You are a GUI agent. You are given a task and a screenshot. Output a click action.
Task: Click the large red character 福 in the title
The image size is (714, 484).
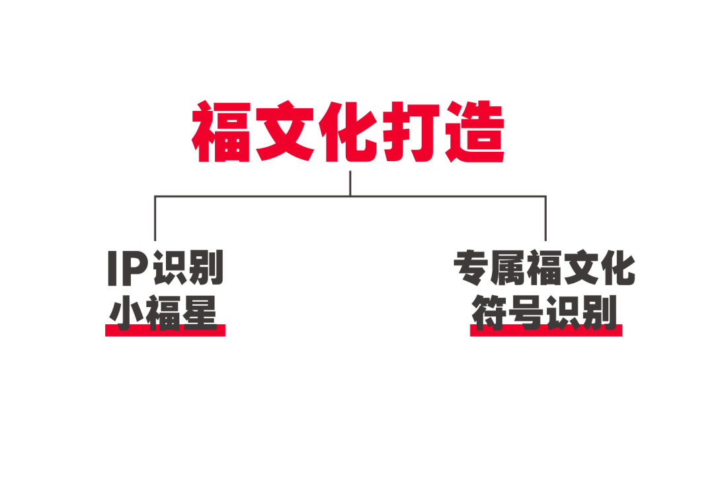[222, 133]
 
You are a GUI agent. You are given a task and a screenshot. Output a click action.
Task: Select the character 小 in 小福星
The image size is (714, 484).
[128, 312]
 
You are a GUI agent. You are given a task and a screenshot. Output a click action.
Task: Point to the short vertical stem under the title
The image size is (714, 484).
[350, 184]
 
